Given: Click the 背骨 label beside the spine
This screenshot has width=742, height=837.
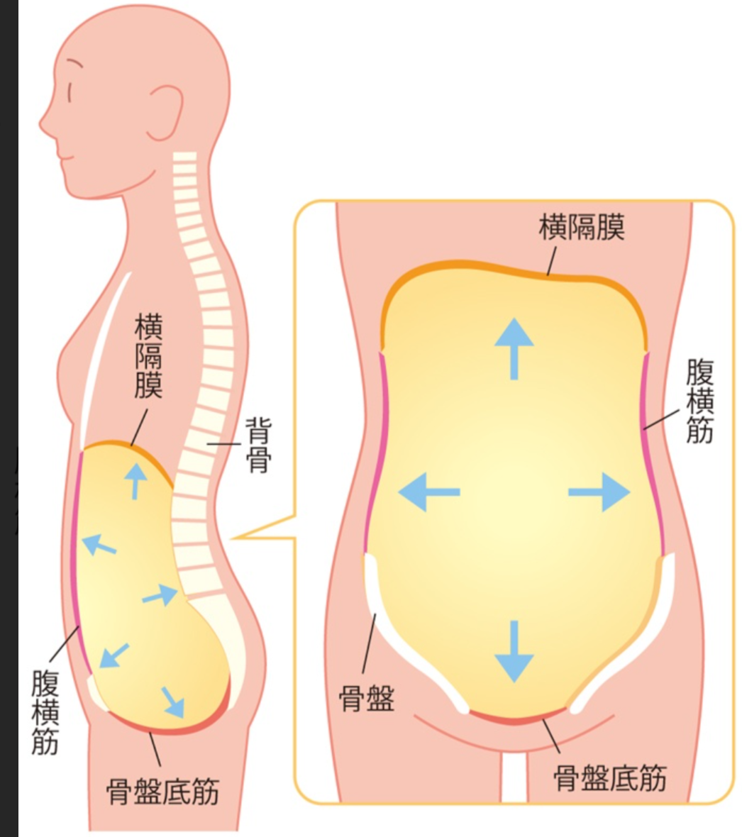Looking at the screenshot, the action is point(258,445).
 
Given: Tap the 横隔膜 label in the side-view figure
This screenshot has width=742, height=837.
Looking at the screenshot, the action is point(148,357).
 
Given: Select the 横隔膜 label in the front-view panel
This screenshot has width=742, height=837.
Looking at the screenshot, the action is point(581,228).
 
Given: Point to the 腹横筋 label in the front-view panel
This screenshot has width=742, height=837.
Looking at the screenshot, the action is point(700,401).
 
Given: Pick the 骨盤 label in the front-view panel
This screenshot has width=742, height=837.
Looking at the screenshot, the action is point(366,698).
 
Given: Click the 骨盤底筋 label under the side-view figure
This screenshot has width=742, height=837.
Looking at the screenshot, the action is point(163,792).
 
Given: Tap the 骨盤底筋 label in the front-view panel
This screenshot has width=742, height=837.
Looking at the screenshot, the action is point(609,777).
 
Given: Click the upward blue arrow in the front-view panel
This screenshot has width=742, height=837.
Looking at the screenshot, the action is point(514,348).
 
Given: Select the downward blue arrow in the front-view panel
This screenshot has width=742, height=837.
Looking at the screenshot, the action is point(514,651).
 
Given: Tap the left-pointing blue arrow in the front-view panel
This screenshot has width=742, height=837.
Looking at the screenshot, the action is point(429,492).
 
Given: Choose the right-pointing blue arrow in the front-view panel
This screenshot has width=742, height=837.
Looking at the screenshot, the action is point(599,492).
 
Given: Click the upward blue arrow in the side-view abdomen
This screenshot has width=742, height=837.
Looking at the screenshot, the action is point(136,481).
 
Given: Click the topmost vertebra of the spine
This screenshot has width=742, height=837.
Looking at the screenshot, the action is point(184,156).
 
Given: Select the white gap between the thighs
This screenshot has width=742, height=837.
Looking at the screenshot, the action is point(514,777).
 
